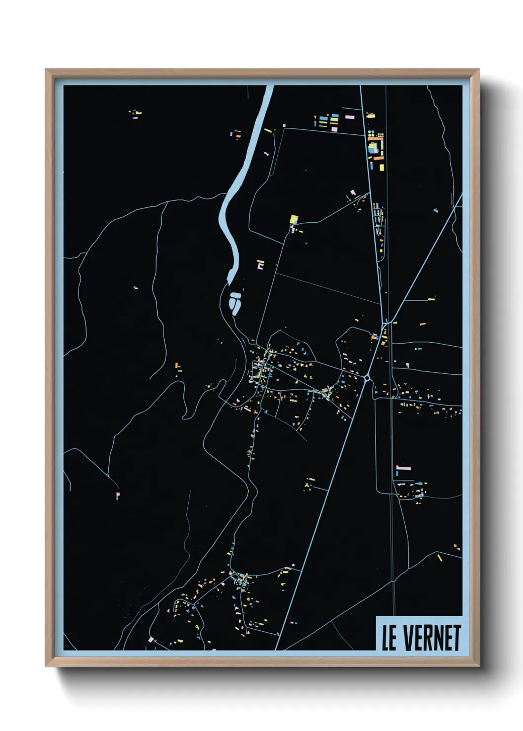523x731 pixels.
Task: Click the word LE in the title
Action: point(389,638)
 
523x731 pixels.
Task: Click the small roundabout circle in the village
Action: point(367,378)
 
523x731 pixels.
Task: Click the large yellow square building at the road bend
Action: point(294,219)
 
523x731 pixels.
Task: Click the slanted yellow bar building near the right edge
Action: point(439,558)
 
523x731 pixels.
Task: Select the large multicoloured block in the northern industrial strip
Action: point(374,147)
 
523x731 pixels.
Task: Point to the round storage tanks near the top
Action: point(380,134)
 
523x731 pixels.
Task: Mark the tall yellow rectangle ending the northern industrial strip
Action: point(382,167)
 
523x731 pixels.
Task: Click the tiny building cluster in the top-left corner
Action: point(135,114)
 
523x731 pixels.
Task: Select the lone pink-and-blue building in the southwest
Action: point(118,494)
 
